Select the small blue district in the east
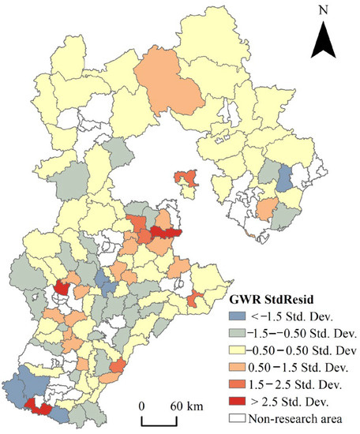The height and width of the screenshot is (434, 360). pyautogui.click(x=286, y=179)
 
